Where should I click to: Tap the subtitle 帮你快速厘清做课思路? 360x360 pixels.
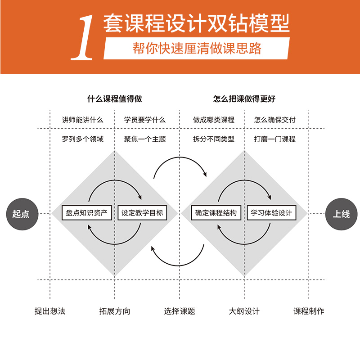tap(197, 48)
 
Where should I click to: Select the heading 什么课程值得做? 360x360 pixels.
tap(114, 99)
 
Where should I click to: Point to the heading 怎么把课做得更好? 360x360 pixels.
tap(244, 99)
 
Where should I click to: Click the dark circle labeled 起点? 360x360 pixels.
tap(21, 214)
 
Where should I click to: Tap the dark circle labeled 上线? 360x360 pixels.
tap(341, 214)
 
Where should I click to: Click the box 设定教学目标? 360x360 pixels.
tap(143, 213)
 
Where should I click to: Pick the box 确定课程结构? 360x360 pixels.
tap(216, 213)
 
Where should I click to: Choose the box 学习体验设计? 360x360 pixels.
tap(271, 213)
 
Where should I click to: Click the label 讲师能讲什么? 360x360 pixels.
tap(83, 120)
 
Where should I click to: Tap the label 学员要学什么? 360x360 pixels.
tap(145, 120)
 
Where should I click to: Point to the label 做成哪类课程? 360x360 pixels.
tap(214, 120)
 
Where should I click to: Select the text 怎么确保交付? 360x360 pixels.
tap(275, 120)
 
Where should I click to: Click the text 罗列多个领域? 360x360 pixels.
tap(83, 139)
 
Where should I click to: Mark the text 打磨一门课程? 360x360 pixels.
tap(275, 139)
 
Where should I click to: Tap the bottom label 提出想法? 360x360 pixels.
tap(50, 311)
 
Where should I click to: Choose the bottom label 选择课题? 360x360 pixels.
tap(180, 311)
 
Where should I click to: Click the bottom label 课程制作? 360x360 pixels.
tap(309, 311)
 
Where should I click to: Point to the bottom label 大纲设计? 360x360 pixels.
tap(244, 311)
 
